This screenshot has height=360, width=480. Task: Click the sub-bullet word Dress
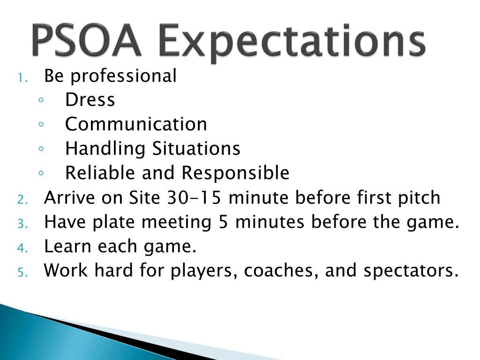point(90,100)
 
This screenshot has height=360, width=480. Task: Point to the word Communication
point(136,124)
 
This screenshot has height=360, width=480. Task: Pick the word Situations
point(196,149)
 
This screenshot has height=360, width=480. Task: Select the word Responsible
point(235,173)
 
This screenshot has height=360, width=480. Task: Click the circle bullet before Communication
point(42,124)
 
